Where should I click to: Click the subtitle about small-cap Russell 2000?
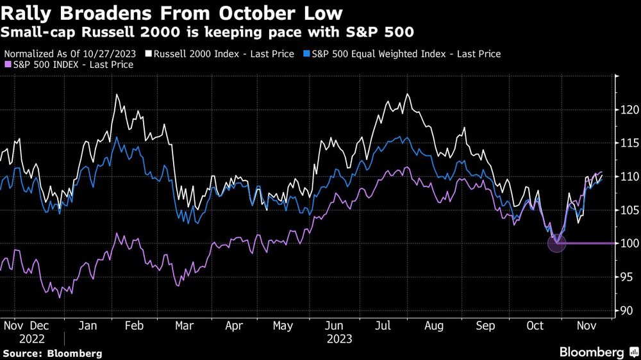[x=208, y=31]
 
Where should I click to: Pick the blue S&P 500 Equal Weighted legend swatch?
[x=307, y=54]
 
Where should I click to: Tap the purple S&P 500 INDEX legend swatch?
[x=7, y=65]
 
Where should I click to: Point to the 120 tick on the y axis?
[x=627, y=110]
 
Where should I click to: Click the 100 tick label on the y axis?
[x=627, y=243]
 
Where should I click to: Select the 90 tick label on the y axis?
[x=625, y=311]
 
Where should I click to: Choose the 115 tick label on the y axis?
[x=627, y=143]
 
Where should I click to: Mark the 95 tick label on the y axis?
[x=625, y=277]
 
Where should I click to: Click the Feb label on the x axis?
[x=133, y=325]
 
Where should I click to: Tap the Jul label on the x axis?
[x=383, y=325]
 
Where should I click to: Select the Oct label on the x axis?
[x=535, y=325]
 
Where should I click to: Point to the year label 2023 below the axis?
[x=339, y=338]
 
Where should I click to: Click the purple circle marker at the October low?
[x=556, y=243]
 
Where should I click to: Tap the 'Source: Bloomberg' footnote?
[x=53, y=353]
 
